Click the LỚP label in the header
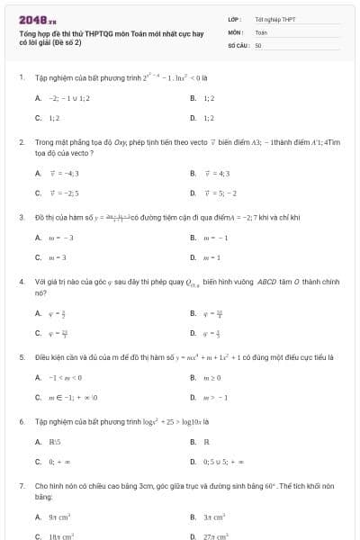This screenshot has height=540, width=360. [x=234, y=18]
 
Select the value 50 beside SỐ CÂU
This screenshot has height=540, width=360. [x=258, y=44]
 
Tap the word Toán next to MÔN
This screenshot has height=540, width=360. [x=261, y=31]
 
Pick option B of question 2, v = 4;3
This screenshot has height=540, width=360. [x=217, y=173]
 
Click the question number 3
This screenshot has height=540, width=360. [x=21, y=217]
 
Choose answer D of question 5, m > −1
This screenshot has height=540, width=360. [x=215, y=397]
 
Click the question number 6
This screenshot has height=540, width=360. [x=21, y=421]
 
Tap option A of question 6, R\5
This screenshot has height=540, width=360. [x=54, y=442]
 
